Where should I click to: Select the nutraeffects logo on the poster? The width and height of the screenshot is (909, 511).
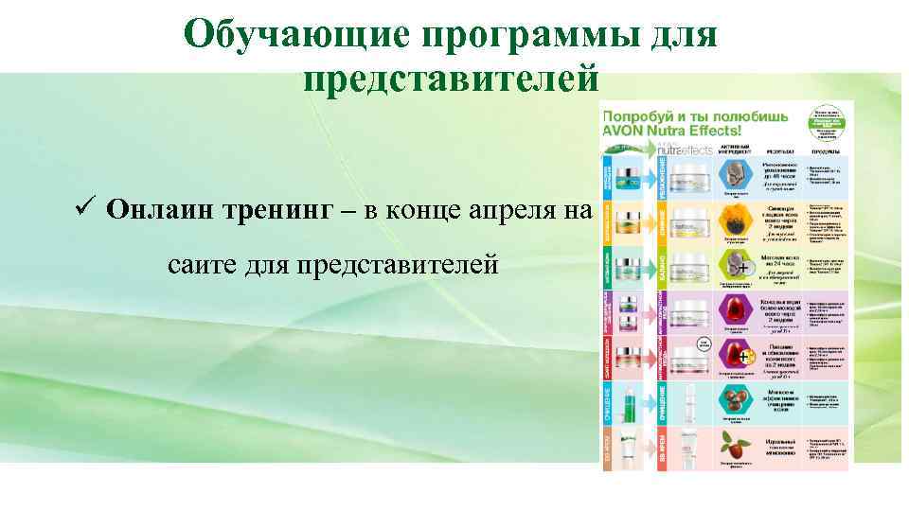[x=683, y=149]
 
